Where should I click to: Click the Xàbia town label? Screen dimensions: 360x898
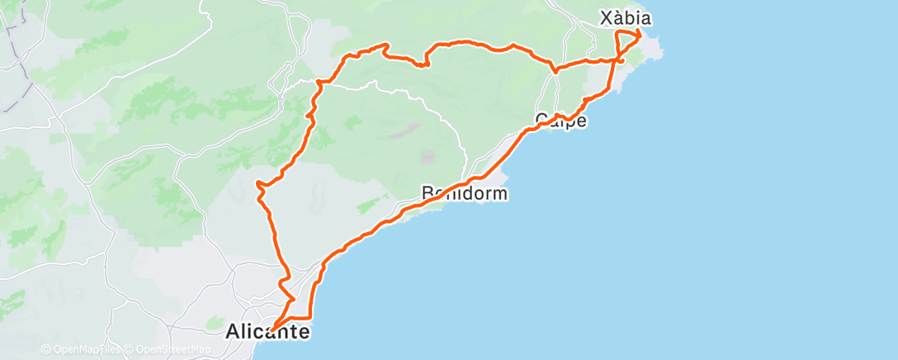pyautogui.click(x=626, y=17)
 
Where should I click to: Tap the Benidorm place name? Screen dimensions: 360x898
pyautogui.click(x=464, y=194)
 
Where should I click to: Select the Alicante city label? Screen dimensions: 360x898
pyautogui.click(x=268, y=333)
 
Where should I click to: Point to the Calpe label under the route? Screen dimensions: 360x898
pyautogui.click(x=561, y=121)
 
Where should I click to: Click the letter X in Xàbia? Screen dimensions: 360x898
pyautogui.click(x=604, y=17)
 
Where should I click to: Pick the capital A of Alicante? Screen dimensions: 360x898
pyautogui.click(x=234, y=333)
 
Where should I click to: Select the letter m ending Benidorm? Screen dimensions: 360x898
pyautogui.click(x=498, y=194)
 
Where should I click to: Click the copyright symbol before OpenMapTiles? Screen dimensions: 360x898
pyautogui.click(x=46, y=349)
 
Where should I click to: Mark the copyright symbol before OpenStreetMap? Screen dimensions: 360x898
pyautogui.click(x=130, y=349)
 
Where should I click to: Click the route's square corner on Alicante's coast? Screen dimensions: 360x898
pyautogui.click(x=310, y=317)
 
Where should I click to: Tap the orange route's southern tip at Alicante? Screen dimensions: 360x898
pyautogui.click(x=272, y=330)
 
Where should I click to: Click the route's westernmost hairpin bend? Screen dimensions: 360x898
pyautogui.click(x=258, y=182)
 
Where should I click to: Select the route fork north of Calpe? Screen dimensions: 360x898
pyautogui.click(x=555, y=70)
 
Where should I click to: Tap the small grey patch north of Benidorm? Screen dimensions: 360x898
pyautogui.click(x=428, y=155)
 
